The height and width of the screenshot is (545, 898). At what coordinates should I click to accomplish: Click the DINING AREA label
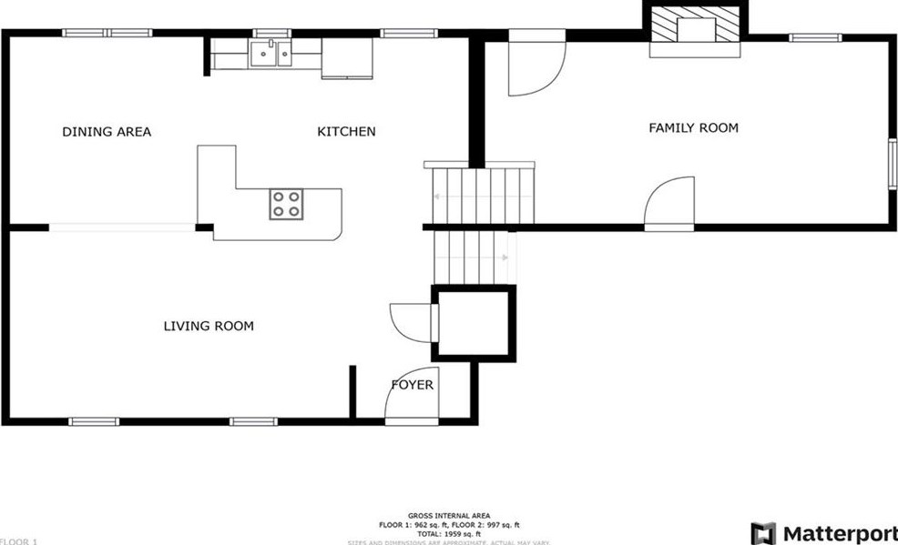[x=107, y=132]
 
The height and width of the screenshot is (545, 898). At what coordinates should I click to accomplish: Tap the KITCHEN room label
[x=346, y=132]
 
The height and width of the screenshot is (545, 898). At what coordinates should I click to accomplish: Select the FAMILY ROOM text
[x=693, y=128]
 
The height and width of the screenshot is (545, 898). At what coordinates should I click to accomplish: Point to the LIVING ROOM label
[x=209, y=326]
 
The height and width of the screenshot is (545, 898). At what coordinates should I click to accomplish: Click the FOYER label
[x=412, y=385]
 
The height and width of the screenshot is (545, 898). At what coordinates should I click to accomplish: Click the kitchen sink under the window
[x=272, y=55]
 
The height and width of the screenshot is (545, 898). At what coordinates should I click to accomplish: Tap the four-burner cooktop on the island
[x=286, y=204]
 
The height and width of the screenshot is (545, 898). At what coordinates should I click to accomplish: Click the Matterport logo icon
[x=763, y=533]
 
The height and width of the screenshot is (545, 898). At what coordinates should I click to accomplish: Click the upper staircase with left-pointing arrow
[x=478, y=195]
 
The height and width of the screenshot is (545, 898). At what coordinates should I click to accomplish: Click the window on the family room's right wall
[x=893, y=165]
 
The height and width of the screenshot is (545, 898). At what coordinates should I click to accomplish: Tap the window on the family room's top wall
[x=814, y=37]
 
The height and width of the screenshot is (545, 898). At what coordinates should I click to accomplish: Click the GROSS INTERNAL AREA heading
[x=448, y=515]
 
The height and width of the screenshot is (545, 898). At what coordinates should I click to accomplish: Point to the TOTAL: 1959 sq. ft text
[x=448, y=533]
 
